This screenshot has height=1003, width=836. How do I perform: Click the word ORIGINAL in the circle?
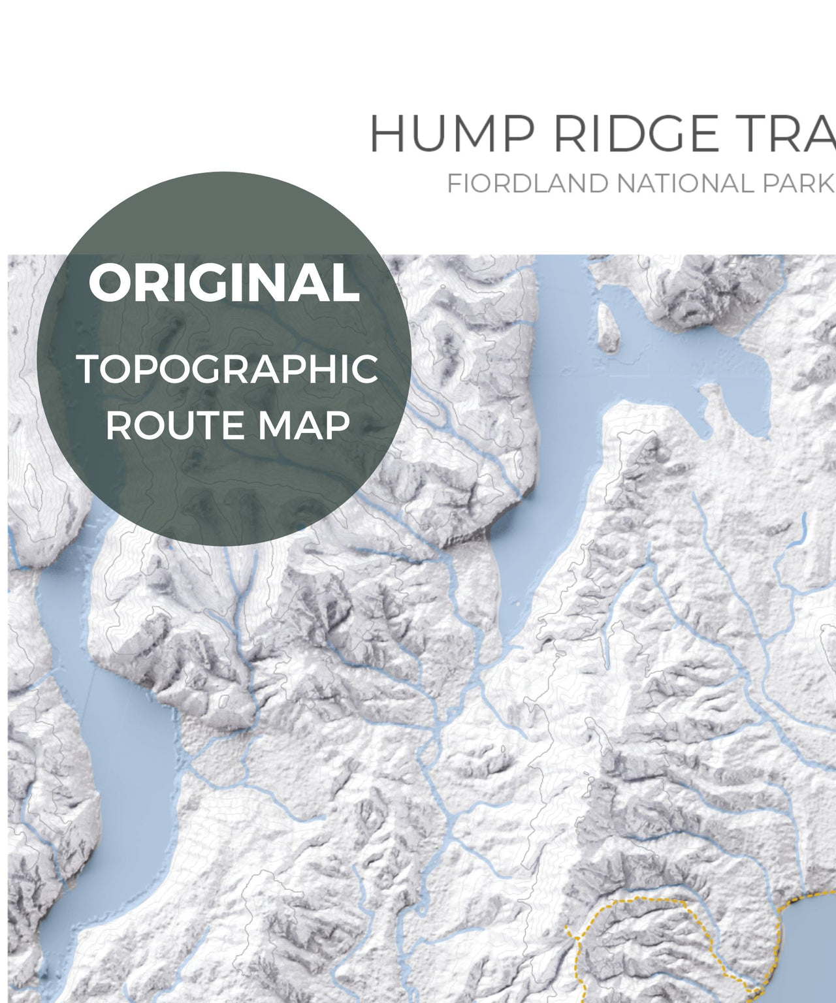point(224,283)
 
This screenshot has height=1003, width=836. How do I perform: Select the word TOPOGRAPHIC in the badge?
point(227,370)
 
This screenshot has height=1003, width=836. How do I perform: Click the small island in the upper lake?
point(609,327)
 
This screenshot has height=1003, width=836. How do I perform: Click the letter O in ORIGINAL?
point(107,283)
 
